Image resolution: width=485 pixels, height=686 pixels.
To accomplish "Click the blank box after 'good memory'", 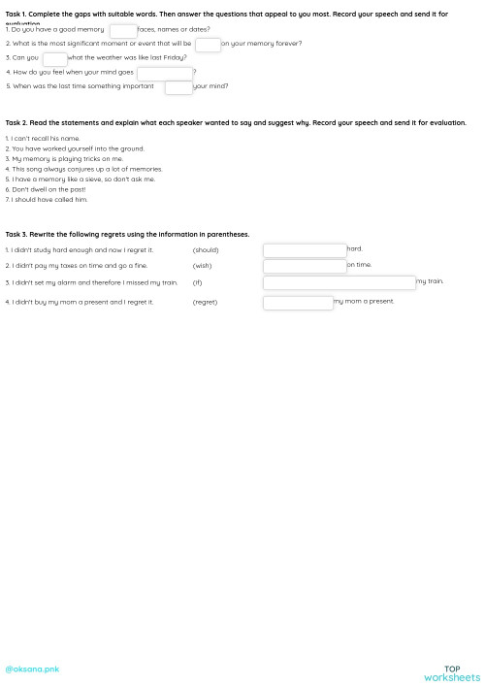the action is point(123,31).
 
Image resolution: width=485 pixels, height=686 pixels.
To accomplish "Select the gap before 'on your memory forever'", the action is point(208,45).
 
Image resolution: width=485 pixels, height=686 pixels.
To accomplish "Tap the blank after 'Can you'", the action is point(55,59).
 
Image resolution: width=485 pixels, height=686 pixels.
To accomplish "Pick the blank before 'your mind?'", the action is point(178,87).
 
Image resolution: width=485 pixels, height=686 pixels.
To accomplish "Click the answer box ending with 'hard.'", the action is point(305,250).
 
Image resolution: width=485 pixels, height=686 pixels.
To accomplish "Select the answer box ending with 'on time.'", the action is point(305,266).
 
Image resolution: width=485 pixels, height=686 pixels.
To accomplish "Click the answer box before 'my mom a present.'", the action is point(298,303).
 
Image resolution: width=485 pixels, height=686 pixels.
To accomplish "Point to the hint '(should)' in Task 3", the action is point(206,250).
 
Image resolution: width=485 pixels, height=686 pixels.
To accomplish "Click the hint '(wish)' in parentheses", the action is point(202,266).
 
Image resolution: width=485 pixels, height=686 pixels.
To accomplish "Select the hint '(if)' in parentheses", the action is point(197,282).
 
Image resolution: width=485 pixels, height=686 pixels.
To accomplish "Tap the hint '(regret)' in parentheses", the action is point(205,303).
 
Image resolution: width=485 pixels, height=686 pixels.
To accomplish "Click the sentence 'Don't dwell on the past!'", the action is point(48,189).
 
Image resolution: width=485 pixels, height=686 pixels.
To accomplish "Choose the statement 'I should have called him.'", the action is point(48,200).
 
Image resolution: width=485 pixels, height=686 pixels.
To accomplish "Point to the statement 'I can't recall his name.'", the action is point(45,139).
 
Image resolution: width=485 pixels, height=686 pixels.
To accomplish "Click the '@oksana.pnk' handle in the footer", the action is point(32,670).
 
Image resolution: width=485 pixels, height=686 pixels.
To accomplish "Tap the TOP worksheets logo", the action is point(452,673).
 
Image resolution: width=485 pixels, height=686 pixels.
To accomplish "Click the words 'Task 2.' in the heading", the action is point(16,123).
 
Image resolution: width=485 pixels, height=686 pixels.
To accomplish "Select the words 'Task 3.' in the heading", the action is point(16,235).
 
